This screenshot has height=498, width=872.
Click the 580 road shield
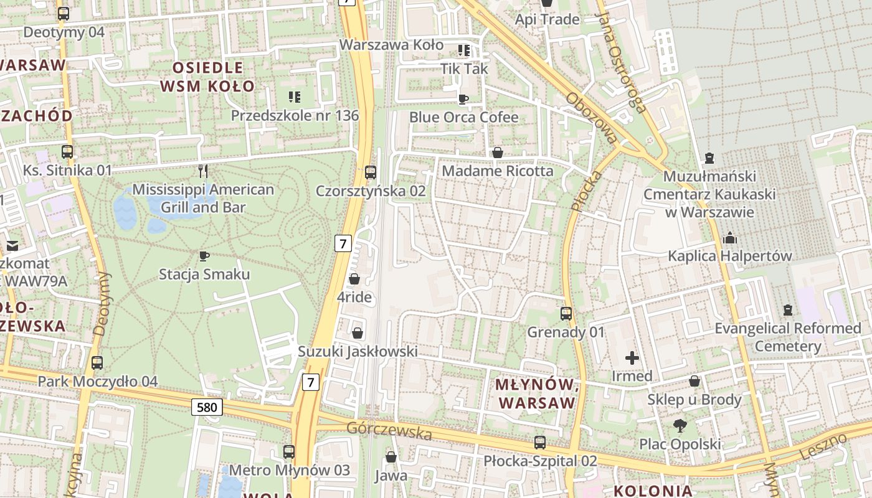(x=207, y=408)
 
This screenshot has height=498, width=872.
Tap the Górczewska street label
(x=389, y=430)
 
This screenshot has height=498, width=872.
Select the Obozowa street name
(x=590, y=118)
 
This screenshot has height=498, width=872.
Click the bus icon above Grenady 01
(x=566, y=314)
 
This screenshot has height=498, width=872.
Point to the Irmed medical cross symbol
(x=632, y=358)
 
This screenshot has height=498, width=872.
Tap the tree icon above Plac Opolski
(x=680, y=426)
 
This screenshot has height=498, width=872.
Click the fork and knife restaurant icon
(x=202, y=171)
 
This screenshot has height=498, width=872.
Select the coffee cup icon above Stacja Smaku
(x=204, y=256)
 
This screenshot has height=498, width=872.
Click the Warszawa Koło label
(x=391, y=45)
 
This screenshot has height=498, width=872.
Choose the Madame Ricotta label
(x=497, y=171)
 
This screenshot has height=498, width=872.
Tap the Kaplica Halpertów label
(x=729, y=256)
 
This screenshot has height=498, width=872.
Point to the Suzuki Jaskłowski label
(x=358, y=352)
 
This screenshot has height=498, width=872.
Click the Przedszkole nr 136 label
(x=295, y=115)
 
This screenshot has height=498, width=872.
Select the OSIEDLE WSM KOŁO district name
(x=207, y=77)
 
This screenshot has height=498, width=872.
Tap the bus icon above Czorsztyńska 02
(x=371, y=172)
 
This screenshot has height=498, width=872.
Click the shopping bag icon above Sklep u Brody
(x=694, y=381)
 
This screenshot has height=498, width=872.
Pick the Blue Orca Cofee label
(x=463, y=117)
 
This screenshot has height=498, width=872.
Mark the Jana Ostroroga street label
(x=620, y=62)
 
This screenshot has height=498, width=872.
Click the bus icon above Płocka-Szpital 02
(x=540, y=443)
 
